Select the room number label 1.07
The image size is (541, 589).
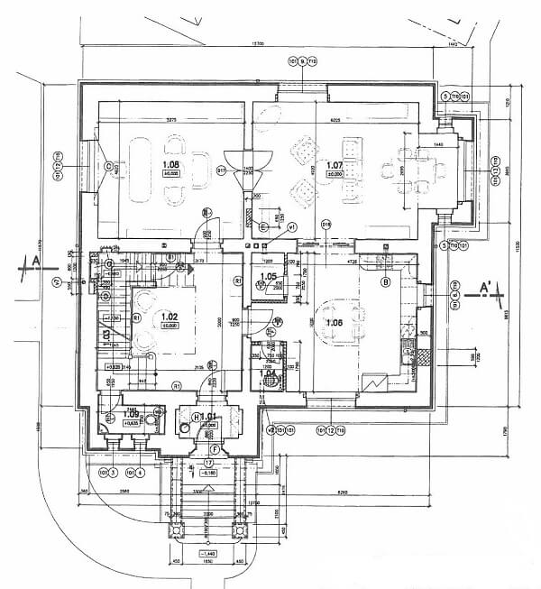tap(335, 165)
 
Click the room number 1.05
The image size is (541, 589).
tap(268, 277)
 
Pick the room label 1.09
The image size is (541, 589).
tap(108, 414)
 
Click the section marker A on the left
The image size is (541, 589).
tap(35, 262)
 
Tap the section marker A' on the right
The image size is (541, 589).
tap(484, 288)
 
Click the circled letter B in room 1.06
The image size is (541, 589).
tap(385, 282)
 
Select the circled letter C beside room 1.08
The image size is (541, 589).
tap(107, 166)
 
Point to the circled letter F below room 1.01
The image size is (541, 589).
tap(215, 448)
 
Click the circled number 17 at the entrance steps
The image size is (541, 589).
tap(208, 462)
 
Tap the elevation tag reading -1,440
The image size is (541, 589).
tap(208, 553)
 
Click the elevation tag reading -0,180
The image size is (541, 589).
tap(208, 472)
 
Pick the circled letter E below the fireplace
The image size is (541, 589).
tap(262, 226)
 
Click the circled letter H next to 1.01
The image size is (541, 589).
tap(196, 416)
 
